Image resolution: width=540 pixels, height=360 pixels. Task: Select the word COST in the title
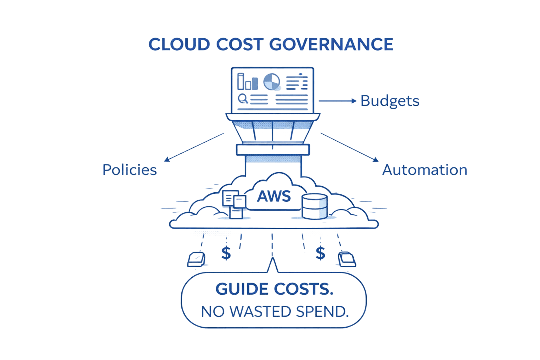tap(239, 44)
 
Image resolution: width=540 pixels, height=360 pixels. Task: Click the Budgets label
tap(390, 101)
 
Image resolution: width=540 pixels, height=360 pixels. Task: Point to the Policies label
tap(129, 170)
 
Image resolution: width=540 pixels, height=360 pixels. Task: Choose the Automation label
tap(425, 170)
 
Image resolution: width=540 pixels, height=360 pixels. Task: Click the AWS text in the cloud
tap(274, 196)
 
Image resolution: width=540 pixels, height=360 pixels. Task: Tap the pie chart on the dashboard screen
tap(272, 82)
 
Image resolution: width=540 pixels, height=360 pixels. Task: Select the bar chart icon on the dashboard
tap(245, 82)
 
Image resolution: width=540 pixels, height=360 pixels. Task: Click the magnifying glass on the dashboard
tap(243, 99)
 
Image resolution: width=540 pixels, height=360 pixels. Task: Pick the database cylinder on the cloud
tap(314, 206)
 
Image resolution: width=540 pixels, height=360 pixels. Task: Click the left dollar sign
tap(226, 252)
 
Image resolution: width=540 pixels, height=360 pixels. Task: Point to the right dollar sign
tap(320, 252)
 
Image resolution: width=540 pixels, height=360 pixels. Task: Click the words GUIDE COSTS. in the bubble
tap(274, 289)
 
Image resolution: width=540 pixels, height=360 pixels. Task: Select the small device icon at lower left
tap(196, 259)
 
